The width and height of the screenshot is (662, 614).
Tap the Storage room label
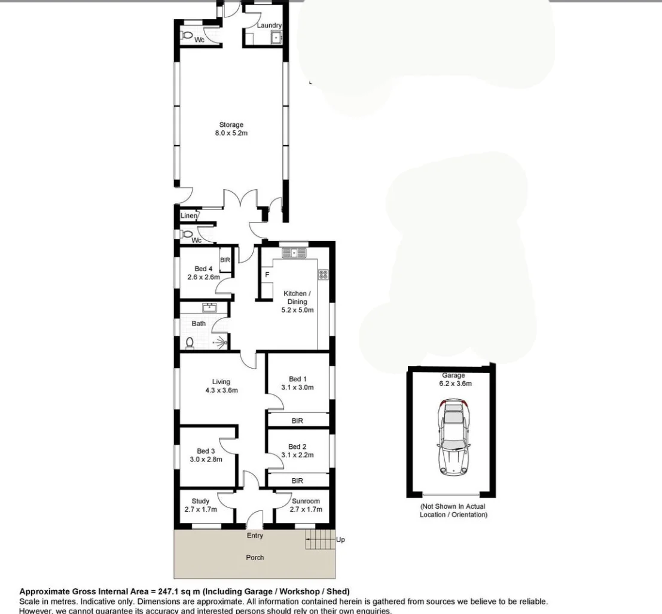pyautogui.click(x=231, y=125)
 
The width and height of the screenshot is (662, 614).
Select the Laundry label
pyautogui.click(x=269, y=26)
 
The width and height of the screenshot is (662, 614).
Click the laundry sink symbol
pyautogui.click(x=275, y=38)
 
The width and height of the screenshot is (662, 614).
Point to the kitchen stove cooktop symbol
pyautogui.click(x=324, y=275)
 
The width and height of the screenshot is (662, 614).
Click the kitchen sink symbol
pyautogui.click(x=294, y=253)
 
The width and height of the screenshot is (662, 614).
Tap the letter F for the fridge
pyautogui.click(x=267, y=275)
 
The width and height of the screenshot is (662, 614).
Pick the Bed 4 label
pyautogui.click(x=203, y=269)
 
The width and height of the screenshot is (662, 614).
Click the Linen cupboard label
pyautogui.click(x=188, y=215)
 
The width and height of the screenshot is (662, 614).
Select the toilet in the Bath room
pyautogui.click(x=190, y=342)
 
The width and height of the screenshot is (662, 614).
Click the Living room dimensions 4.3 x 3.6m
pyautogui.click(x=221, y=391)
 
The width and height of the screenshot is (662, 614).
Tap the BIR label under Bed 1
pyautogui.click(x=297, y=421)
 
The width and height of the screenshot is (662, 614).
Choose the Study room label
pyautogui.click(x=200, y=501)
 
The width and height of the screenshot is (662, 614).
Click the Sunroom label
pyautogui.click(x=306, y=501)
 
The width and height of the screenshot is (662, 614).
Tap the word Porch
pyautogui.click(x=255, y=558)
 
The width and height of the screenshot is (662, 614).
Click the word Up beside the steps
pyautogui.click(x=340, y=540)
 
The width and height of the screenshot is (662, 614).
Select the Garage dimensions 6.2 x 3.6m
pyautogui.click(x=453, y=384)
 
